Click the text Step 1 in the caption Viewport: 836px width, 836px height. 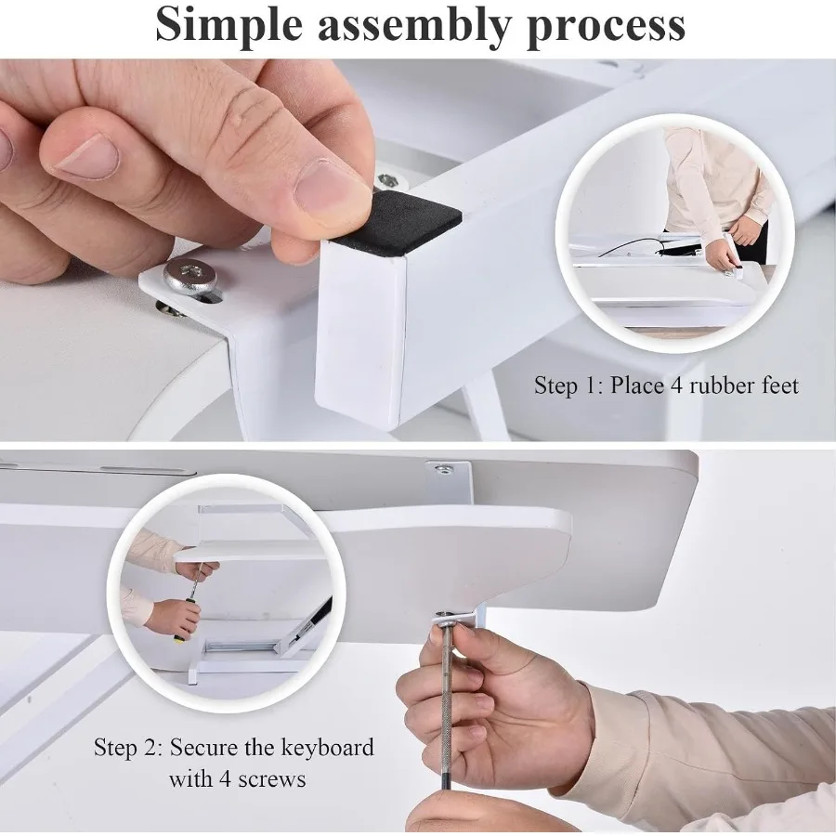[568, 385]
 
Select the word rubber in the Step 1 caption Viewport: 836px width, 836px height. [715, 385]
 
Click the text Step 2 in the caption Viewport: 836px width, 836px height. [127, 748]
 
